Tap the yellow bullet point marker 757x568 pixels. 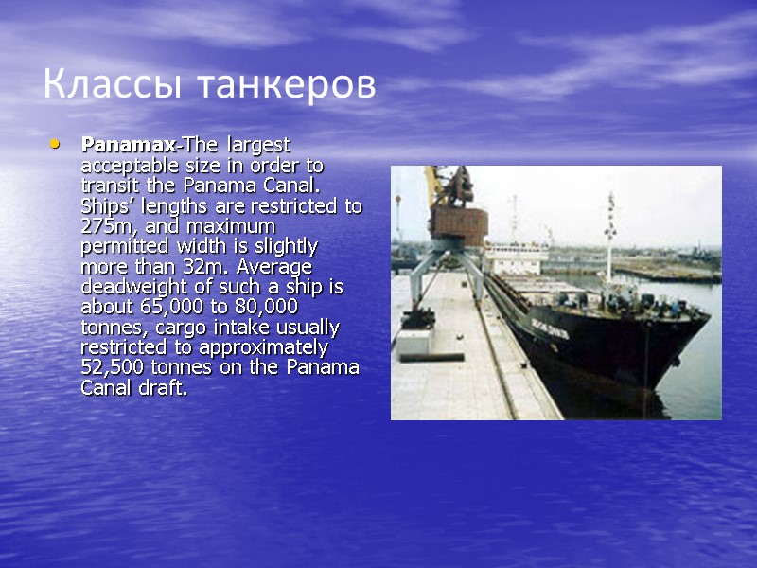pyautogui.click(x=54, y=145)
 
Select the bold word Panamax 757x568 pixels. pyautogui.click(x=129, y=145)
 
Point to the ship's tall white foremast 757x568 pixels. pyautogui.click(x=610, y=237)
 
